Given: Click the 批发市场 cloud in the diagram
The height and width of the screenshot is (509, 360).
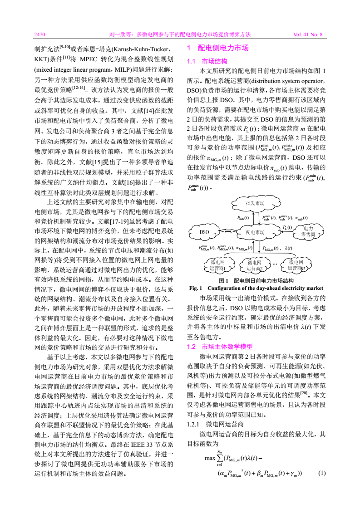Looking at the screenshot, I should coord(255,203).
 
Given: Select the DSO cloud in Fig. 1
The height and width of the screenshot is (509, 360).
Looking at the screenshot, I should coord(205,232).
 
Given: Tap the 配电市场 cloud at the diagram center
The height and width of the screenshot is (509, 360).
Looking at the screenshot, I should coord(255,232).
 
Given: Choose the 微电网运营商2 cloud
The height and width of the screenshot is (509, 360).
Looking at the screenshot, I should coord(254,265).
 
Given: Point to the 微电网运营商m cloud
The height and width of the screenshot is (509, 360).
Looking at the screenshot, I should coord(296,265).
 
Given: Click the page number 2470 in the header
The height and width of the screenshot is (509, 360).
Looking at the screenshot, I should coord(40,34).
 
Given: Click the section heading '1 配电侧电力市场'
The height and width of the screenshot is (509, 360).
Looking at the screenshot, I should coord(218,48).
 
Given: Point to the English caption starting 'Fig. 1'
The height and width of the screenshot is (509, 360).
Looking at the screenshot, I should coord(256,288).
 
